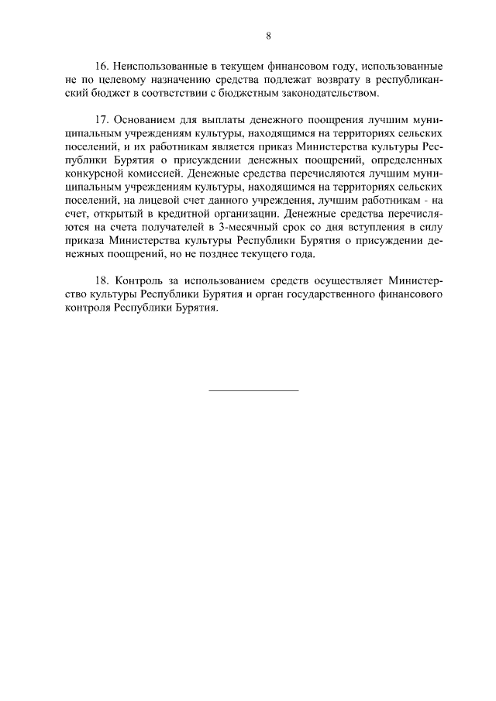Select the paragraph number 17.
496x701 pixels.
coord(104,120)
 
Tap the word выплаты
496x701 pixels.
coord(222,120)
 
